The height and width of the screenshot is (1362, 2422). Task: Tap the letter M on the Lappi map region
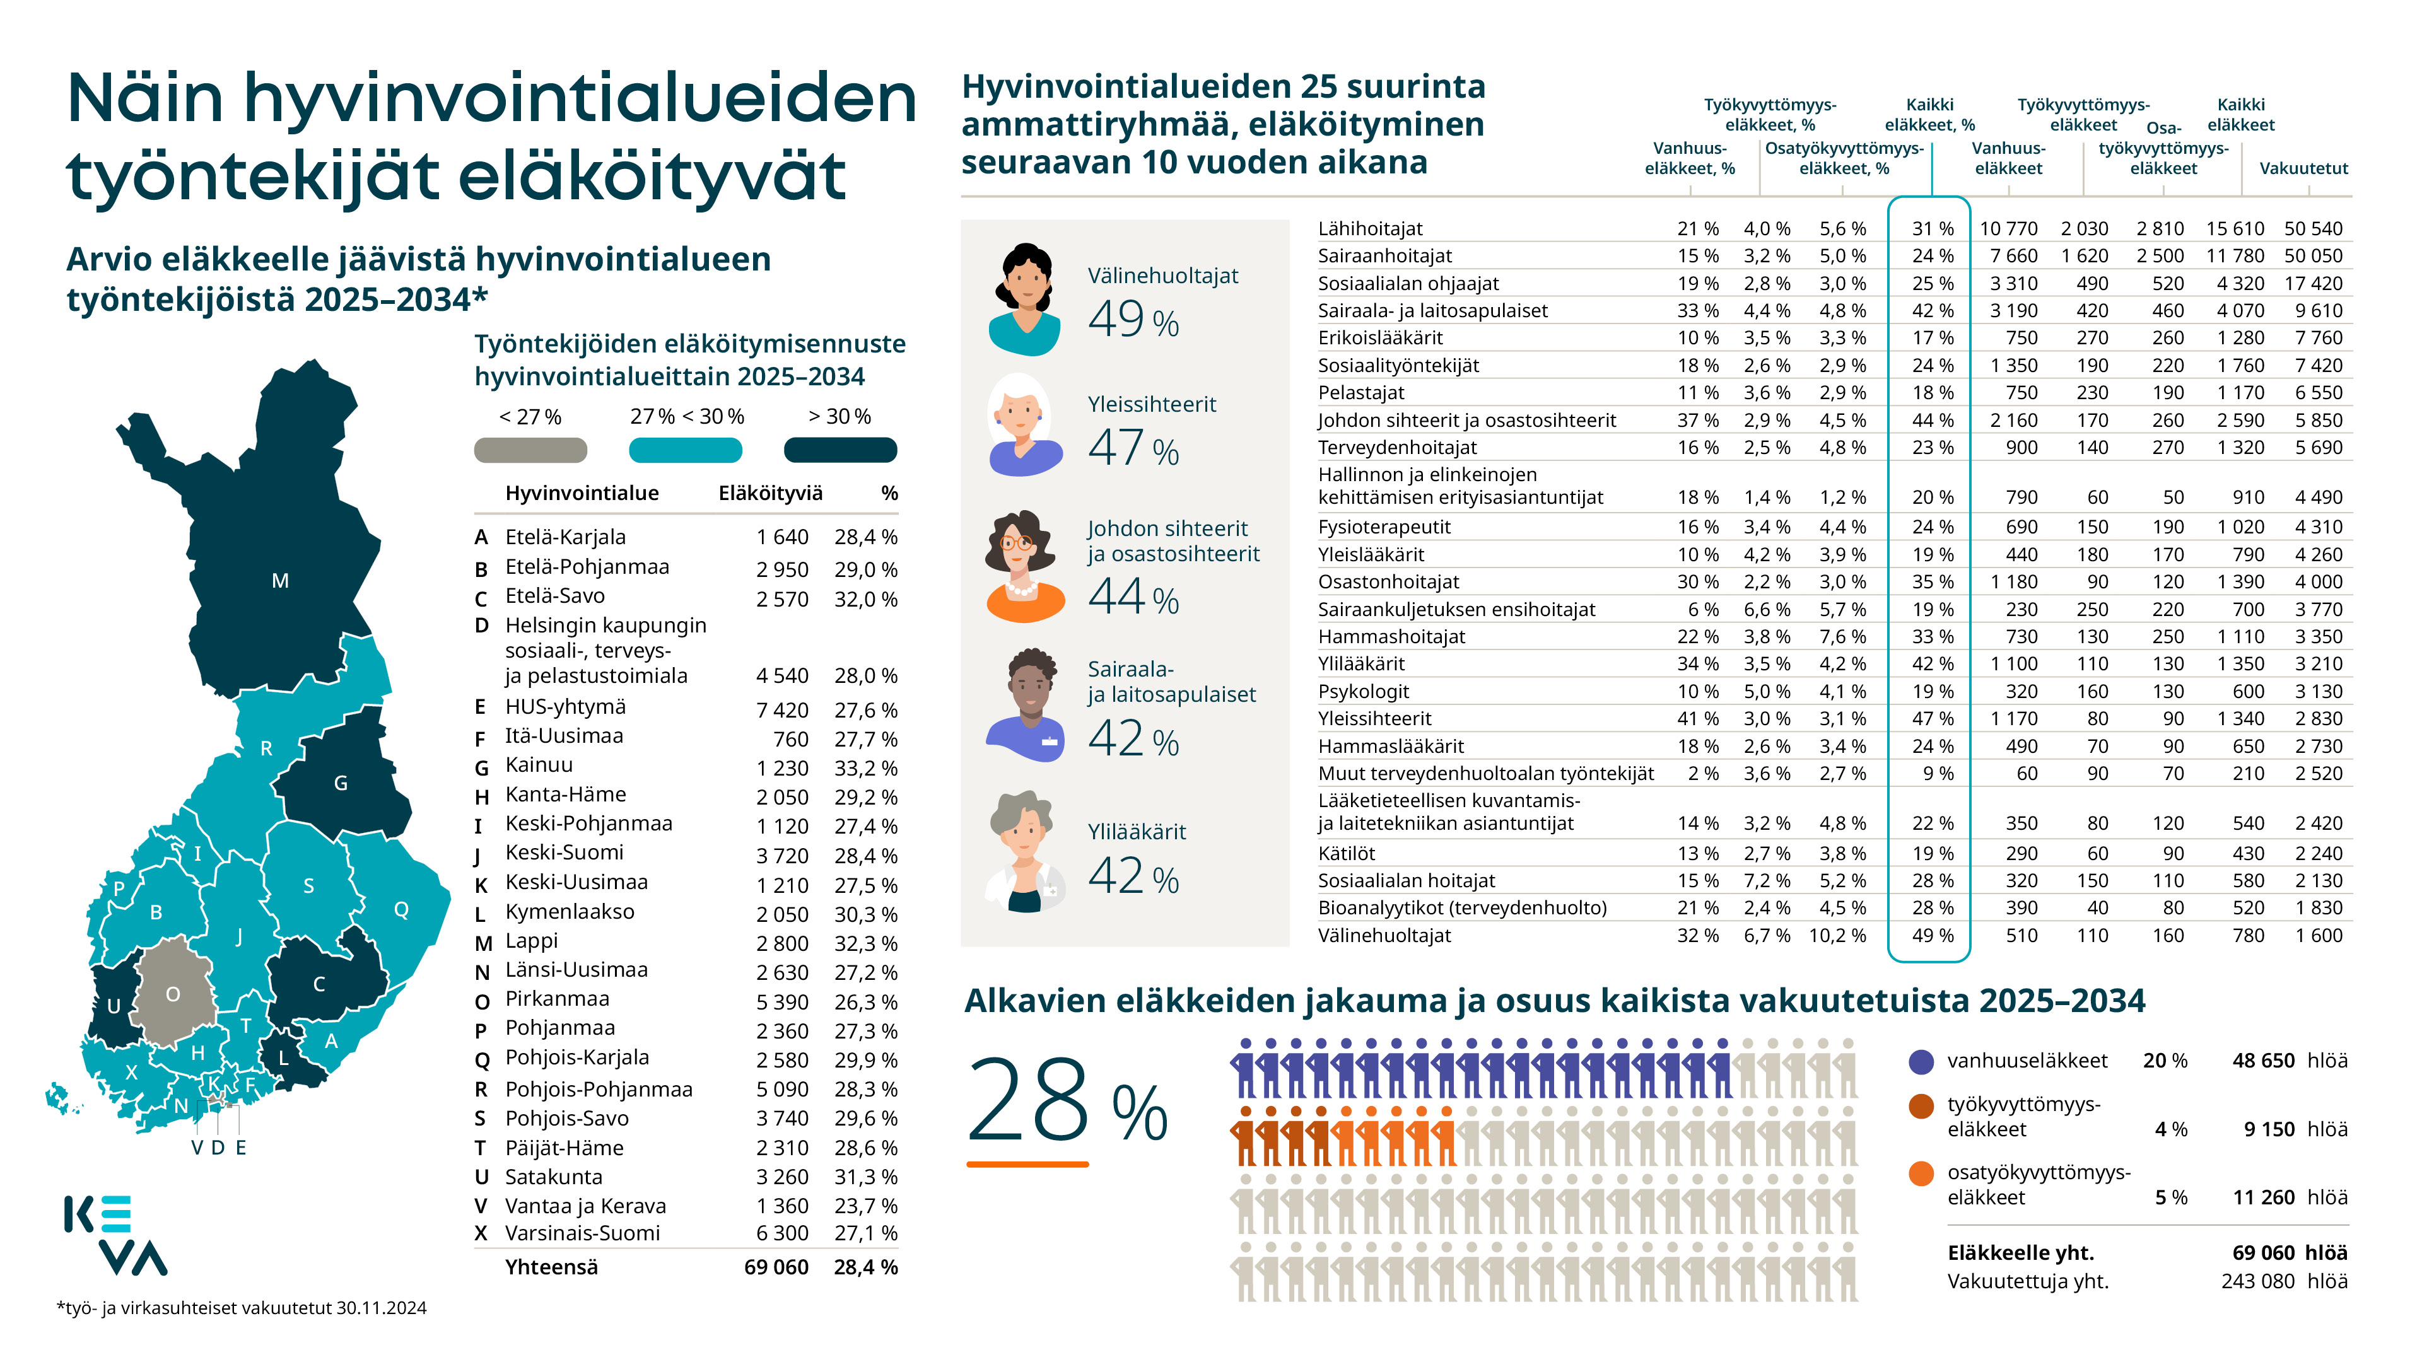click(280, 581)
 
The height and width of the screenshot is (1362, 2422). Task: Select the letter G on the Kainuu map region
click(341, 783)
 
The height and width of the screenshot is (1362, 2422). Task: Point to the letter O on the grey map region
click(173, 994)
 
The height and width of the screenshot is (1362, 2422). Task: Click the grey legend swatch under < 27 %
click(530, 450)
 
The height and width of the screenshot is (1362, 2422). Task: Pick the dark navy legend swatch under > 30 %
click(841, 450)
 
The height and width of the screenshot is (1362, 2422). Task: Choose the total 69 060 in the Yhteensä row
click(776, 1267)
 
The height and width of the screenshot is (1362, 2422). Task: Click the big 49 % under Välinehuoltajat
click(1133, 320)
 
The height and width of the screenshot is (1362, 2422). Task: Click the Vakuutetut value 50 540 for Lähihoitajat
click(2314, 228)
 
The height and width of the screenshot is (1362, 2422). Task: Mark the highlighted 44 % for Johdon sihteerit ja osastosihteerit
click(1932, 420)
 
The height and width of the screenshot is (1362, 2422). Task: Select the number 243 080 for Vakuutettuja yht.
click(2257, 1281)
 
